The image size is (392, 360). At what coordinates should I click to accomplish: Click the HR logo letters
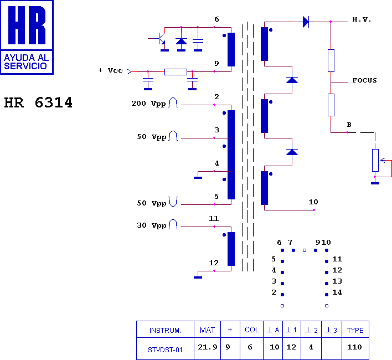point(27,25)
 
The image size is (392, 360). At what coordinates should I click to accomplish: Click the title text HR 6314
point(38,103)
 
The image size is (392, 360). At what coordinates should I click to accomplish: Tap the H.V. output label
point(362,19)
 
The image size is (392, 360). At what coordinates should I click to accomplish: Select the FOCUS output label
point(364,80)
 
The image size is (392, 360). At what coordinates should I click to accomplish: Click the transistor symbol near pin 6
point(160,39)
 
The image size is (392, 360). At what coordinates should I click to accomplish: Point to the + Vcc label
point(111,70)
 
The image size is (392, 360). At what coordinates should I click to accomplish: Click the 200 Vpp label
point(148,104)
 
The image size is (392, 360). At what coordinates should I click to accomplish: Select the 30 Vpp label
point(152,225)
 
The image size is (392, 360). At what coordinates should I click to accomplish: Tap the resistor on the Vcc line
point(176,72)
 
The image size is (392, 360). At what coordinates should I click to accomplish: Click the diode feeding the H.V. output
point(306,22)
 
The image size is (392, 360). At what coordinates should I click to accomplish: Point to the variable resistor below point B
point(375,160)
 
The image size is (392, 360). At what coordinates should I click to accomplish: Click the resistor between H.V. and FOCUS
point(331,60)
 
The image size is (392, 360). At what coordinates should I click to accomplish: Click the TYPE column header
point(355,330)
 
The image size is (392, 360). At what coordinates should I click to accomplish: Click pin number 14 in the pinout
point(337,292)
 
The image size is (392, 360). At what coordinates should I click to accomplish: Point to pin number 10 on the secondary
point(313,202)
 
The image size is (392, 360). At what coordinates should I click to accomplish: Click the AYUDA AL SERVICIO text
point(26,61)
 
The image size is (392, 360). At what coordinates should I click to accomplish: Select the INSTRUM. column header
point(165,330)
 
